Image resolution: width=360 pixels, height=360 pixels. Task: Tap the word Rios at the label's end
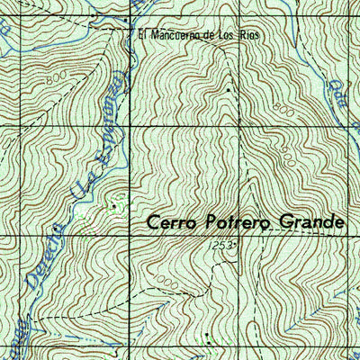tap(236, 36)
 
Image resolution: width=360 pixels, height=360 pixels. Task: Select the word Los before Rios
tap(217, 36)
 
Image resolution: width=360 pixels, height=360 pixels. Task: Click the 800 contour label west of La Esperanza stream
tap(60, 78)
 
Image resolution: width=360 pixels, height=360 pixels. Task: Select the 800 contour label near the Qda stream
tap(283, 108)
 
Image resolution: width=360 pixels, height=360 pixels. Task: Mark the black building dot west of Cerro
tap(114, 206)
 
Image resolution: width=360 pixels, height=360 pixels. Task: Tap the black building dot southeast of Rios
tap(229, 91)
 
